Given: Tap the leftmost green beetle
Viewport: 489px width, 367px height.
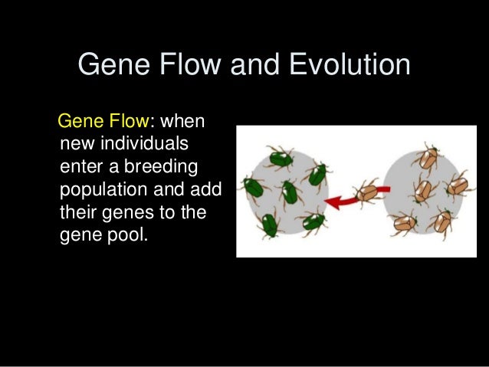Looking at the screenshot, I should (253, 187).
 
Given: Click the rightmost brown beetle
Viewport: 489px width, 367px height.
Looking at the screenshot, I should (458, 184).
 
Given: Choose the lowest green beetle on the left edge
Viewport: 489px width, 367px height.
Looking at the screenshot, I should (267, 224).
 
